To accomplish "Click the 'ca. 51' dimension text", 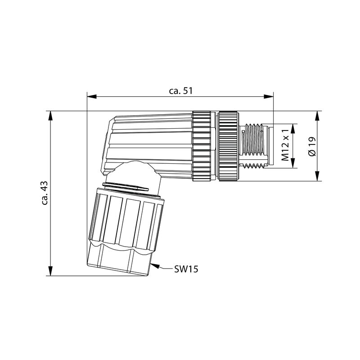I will point(181,90).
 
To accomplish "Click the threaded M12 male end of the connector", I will point(255,146).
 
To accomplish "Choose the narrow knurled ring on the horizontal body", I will point(201,146).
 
